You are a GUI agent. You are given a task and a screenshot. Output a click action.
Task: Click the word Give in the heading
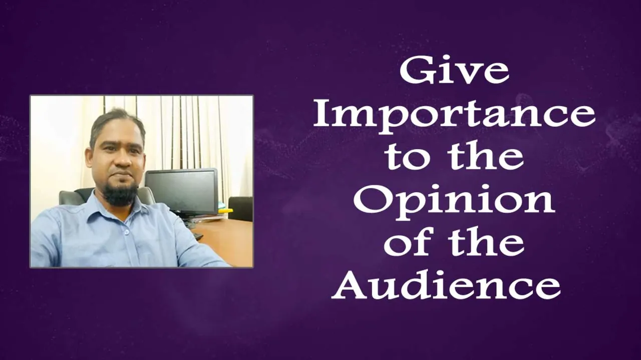(x=454, y=71)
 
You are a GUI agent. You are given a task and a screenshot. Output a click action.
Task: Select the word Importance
(x=454, y=117)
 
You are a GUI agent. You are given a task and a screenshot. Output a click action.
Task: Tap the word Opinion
(x=454, y=203)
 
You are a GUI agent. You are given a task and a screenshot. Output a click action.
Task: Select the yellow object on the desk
(x=226, y=211)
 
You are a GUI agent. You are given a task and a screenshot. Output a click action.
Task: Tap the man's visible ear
(x=91, y=155)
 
